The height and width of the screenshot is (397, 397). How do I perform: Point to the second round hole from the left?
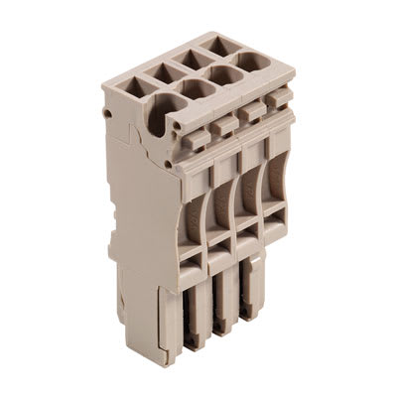(x=196, y=102)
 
